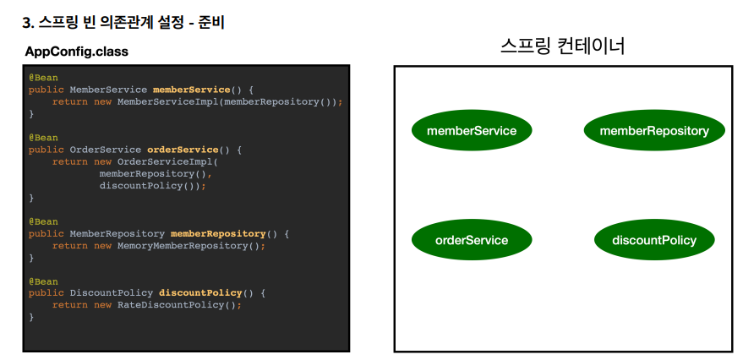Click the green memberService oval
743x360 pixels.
pos(471,131)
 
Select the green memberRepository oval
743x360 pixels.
pos(653,131)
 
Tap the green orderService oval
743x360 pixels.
pos(471,240)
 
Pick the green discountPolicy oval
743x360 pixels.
pos(654,240)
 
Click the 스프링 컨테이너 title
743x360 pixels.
pos(562,46)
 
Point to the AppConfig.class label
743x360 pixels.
pos(77,52)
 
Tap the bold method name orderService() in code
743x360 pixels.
pos(183,150)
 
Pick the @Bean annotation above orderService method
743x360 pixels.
pos(43,137)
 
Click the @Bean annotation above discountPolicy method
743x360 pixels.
pos(43,281)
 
